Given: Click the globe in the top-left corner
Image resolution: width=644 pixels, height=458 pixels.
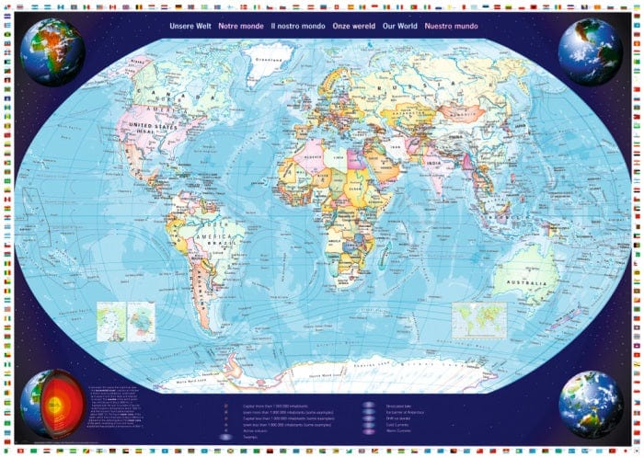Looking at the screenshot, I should [52, 52].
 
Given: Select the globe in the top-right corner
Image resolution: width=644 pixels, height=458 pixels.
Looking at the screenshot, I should [590, 52].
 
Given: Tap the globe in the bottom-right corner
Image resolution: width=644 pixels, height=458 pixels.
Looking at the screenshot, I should [590, 404].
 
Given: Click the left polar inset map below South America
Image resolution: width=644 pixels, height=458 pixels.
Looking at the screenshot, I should [109, 322].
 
